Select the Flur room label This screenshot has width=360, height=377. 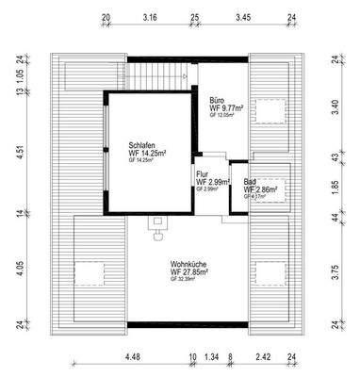[x=203, y=173]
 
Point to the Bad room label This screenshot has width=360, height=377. [x=249, y=182]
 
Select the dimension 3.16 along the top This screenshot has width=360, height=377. [x=149, y=17]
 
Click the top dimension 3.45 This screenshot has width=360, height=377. [x=242, y=17]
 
